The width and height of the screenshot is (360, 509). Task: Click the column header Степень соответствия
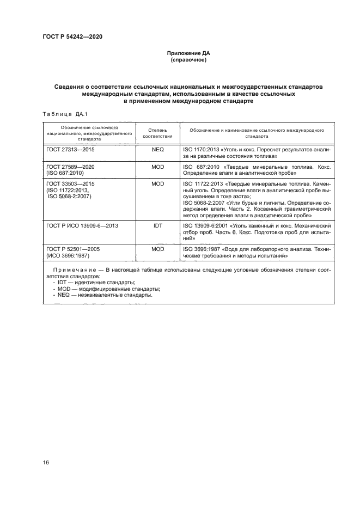point(157,134)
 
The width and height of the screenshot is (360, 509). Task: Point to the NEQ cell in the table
point(157,149)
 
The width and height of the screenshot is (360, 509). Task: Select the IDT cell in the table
point(157,224)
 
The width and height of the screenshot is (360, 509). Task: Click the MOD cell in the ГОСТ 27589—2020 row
point(157,166)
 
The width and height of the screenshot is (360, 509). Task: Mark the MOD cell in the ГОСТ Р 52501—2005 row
point(157,249)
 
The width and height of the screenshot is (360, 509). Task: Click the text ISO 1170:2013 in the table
point(202,149)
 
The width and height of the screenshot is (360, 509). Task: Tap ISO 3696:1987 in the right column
point(202,249)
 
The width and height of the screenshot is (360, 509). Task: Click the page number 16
point(46,462)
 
